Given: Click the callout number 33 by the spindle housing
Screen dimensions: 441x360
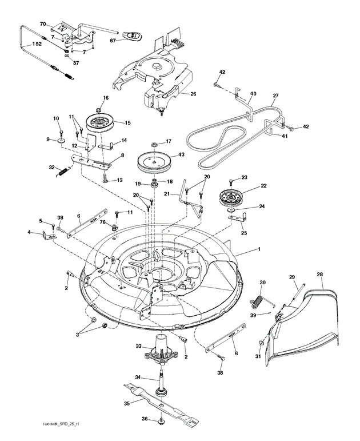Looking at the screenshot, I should click(x=139, y=346).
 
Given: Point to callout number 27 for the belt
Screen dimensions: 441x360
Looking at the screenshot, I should click(x=275, y=96).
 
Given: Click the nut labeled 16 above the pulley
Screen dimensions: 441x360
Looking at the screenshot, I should click(x=99, y=109).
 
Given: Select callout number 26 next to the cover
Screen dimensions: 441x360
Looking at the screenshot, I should click(x=193, y=94).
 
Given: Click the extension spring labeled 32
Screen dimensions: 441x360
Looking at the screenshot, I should click(x=63, y=169).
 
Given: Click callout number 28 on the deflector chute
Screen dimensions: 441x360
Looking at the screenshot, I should click(x=319, y=275).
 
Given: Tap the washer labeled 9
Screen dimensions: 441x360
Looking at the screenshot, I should click(x=61, y=140).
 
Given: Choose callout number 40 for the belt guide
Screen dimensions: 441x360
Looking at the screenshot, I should click(x=253, y=94).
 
